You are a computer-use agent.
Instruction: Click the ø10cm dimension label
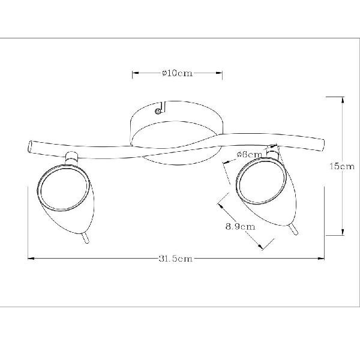pos(177,73)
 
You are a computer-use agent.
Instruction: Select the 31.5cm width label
pos(175,259)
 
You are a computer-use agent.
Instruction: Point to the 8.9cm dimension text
pos(241,227)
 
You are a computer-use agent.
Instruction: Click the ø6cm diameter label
pos(249,155)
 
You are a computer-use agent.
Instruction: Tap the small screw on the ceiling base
pos(158,112)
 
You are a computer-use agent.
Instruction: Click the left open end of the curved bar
pos(30,146)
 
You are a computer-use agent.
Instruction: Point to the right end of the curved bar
pos(322,145)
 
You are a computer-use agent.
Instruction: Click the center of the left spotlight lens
pos(64,187)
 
